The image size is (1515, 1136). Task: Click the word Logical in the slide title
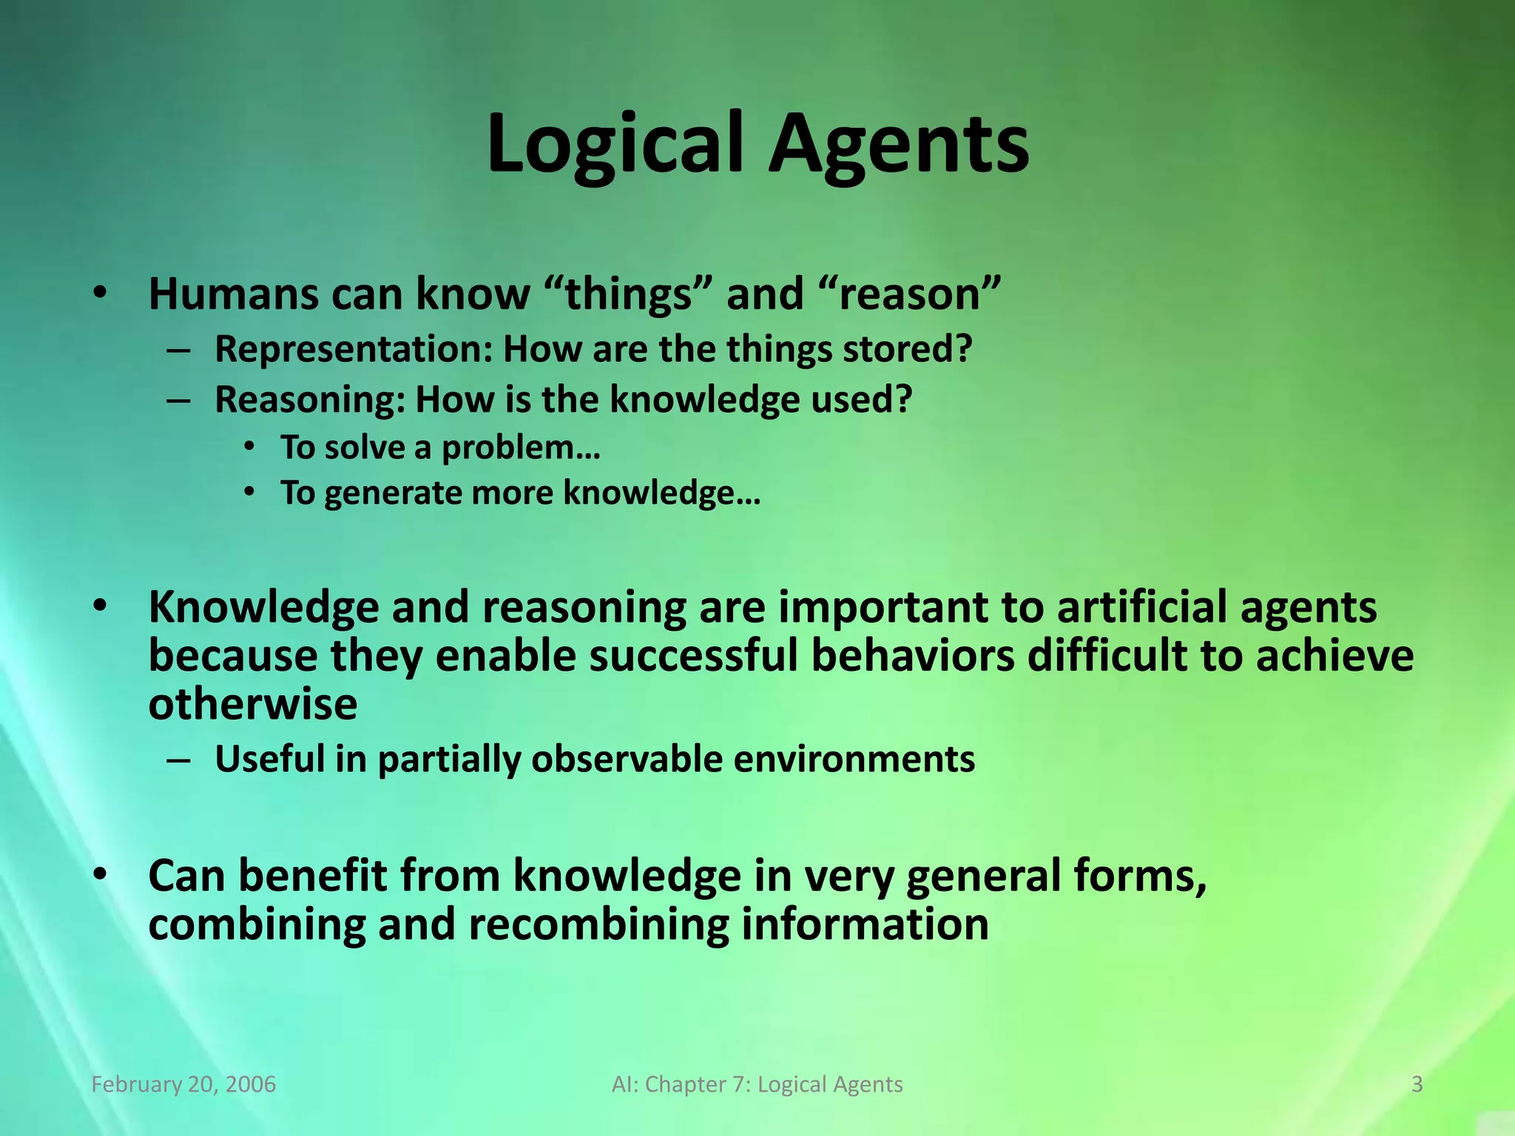614,144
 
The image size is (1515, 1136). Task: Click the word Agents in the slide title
898,144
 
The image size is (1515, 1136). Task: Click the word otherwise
252,704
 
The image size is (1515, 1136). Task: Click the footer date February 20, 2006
183,1084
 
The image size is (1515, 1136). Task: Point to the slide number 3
1417,1084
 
